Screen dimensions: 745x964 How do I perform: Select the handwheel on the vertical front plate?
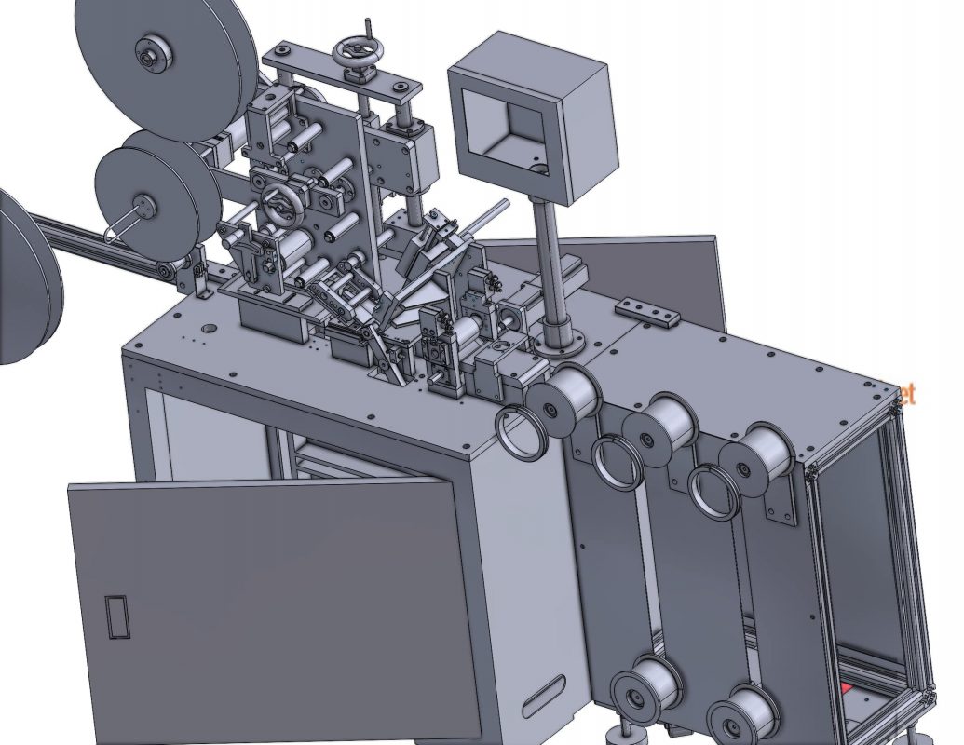[278, 198]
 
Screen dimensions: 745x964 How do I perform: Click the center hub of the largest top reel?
[150, 52]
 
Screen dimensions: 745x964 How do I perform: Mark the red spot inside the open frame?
[847, 689]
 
